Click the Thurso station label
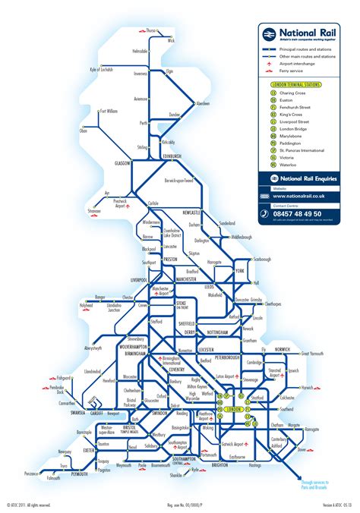click(151, 30)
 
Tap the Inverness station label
click(139, 74)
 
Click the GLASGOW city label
click(123, 162)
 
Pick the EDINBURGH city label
click(172, 156)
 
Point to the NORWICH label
click(281, 338)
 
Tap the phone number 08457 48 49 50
click(302, 215)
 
